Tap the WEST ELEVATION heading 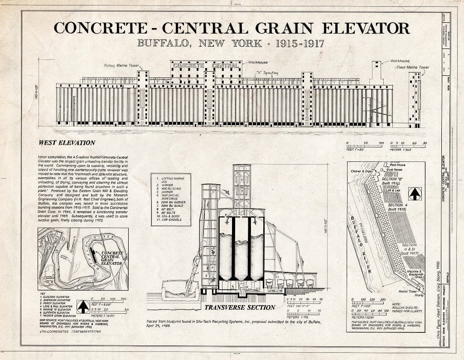[67, 143]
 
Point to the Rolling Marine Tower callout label [121, 66]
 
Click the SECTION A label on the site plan [397, 208]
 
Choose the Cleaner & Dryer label [362, 171]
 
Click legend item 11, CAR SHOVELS [171, 220]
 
